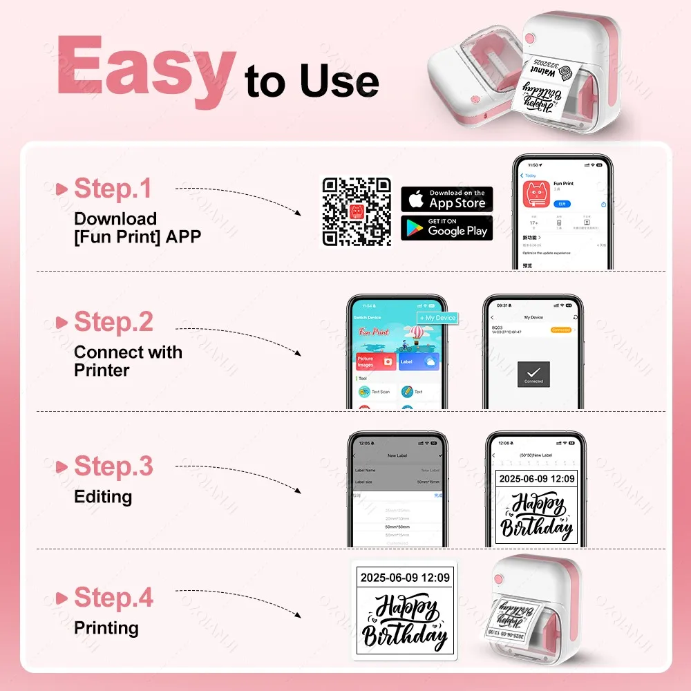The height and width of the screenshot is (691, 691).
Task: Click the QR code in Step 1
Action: coord(357,211)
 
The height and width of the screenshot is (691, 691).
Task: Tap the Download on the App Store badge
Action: coord(447,199)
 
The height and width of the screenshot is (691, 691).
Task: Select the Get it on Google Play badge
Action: coord(447,228)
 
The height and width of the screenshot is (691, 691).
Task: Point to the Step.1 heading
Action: coord(112,188)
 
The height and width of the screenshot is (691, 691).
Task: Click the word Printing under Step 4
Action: coord(106,628)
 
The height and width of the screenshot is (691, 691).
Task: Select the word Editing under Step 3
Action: coord(103,497)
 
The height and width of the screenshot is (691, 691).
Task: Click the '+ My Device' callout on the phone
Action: coord(437,318)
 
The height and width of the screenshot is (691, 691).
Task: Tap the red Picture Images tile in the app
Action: coord(375,361)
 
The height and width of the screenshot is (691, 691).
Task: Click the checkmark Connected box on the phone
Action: coord(533,373)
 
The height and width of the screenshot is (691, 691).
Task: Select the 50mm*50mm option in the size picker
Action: coord(397,527)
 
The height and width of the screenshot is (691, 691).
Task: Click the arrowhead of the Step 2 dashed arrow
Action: coord(298,353)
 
